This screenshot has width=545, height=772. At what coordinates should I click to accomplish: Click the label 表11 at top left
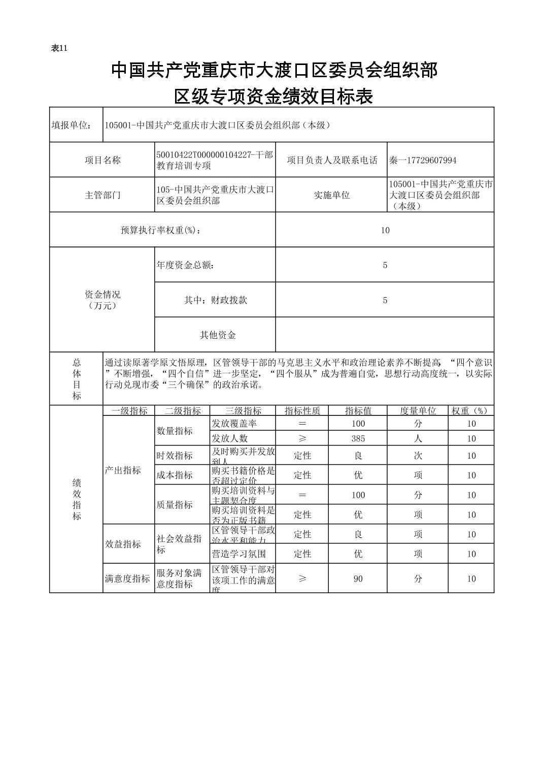coord(59,48)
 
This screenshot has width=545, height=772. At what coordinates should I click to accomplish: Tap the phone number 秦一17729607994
coord(423,160)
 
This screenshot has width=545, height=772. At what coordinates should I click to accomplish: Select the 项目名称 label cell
coord(103,160)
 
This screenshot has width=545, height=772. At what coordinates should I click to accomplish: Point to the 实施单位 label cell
coord(331,195)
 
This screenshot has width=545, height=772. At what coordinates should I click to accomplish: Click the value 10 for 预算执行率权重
coord(385,230)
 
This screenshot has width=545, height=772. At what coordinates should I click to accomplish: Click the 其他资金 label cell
coord(217,335)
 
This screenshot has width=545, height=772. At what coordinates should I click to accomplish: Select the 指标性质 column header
coord(302,411)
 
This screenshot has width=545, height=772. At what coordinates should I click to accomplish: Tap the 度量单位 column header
coord(418,411)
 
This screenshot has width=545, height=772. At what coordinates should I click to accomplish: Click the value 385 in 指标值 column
coord(358,438)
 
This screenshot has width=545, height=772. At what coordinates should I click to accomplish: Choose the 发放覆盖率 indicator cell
coord(234,424)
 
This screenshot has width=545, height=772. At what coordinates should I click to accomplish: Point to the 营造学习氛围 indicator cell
coord(239,554)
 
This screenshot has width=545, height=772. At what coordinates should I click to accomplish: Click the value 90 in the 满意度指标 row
coord(358,578)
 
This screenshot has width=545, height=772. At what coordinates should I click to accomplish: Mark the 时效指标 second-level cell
coord(175,456)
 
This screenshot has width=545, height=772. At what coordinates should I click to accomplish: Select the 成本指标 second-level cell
coord(175,475)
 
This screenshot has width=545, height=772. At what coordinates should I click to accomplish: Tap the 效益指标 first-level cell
coord(123,544)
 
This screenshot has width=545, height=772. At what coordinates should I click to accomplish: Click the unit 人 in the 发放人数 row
coord(418,438)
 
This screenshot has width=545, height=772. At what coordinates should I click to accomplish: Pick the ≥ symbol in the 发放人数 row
coord(302,438)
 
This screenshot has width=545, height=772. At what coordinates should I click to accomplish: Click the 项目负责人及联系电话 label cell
coord(331,160)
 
